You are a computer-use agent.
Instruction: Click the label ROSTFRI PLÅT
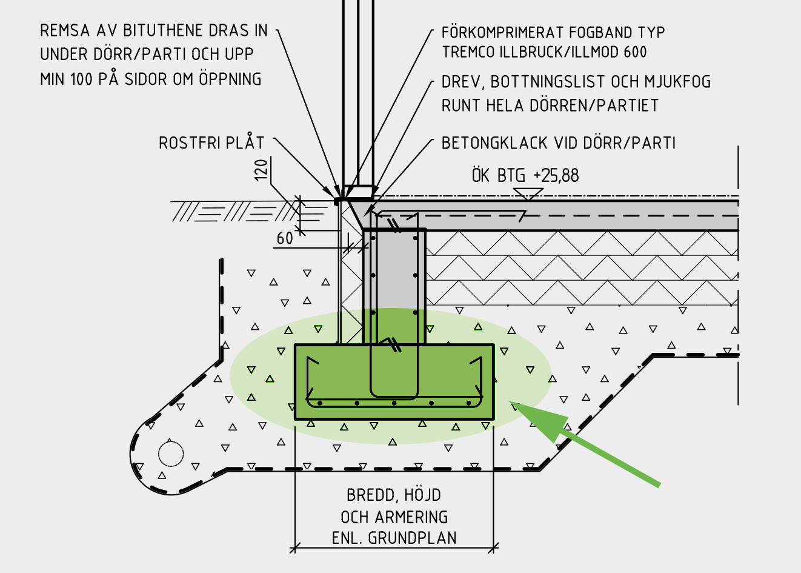[x=211, y=143]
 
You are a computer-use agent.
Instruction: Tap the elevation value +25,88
[x=556, y=176]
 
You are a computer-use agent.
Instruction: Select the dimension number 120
[x=261, y=170]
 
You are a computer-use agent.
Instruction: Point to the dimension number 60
[x=285, y=238]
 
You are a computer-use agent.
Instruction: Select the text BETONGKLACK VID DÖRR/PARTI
[x=558, y=143]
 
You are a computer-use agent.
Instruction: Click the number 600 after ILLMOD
[x=634, y=53]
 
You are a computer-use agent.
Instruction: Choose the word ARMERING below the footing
[x=411, y=517]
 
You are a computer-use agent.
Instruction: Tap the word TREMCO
[x=468, y=53]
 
